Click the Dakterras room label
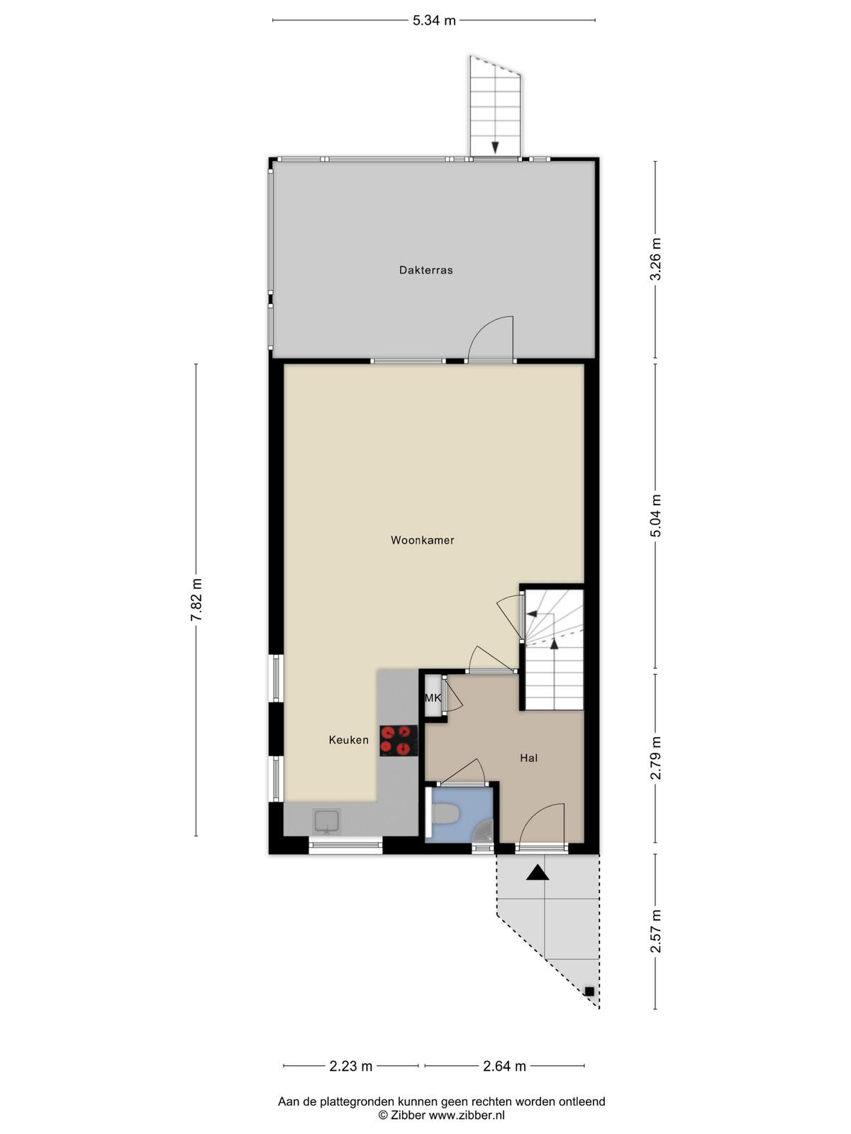425,270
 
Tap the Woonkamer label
422,540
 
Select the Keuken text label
349,740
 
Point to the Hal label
528,758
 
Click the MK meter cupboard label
433,698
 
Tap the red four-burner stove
399,741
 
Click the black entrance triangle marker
538,872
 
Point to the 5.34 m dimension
434,21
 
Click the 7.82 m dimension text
196,600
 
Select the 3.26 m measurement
655,259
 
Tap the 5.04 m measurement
655,516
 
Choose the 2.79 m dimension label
655,758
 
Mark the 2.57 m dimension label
655,931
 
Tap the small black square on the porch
589,992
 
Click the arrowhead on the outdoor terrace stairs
495,147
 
